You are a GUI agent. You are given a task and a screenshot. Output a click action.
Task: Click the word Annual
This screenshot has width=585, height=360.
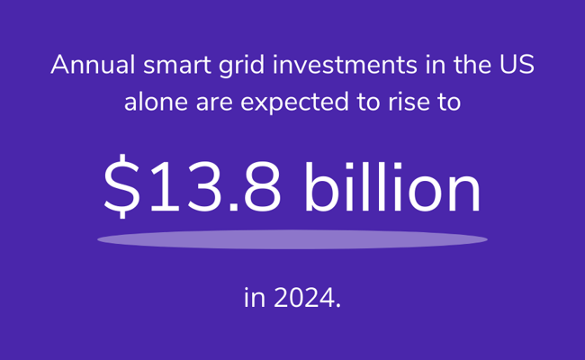coord(93,65)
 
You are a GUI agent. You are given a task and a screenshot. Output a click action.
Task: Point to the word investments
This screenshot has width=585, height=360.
coord(345,65)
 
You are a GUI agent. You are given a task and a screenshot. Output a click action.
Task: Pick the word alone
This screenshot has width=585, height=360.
coord(156,102)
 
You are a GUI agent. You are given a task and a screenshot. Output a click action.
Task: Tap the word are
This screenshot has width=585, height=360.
coord(214,103)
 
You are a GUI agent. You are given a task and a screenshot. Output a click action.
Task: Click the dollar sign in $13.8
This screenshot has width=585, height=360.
coord(121,186)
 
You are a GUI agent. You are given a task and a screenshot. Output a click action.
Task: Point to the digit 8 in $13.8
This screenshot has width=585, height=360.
coord(262,186)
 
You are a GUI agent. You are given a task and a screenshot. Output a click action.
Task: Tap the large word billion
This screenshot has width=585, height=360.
coord(392,186)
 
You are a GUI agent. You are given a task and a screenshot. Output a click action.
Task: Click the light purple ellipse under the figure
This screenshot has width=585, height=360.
coord(292,239)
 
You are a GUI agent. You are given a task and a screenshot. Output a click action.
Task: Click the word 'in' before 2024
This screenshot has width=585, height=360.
coord(255,298)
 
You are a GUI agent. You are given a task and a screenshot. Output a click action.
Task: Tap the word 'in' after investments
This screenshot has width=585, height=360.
coord(436,65)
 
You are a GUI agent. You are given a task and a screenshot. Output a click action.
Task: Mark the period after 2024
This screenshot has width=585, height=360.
coord(338,305)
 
